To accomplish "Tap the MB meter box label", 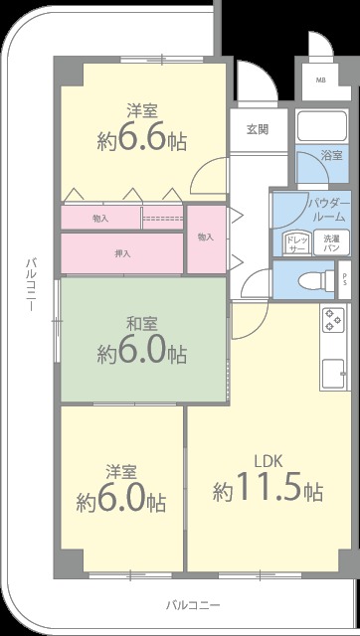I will pyautogui.click(x=320, y=79).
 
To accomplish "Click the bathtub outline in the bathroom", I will pyautogui.click(x=319, y=126).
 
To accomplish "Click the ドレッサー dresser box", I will pyautogui.click(x=295, y=243).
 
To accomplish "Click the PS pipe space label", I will pyautogui.click(x=344, y=278).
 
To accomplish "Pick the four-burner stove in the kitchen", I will pyautogui.click(x=331, y=321).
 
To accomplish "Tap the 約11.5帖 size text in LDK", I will pyautogui.click(x=268, y=490).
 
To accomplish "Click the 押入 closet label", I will pyautogui.click(x=122, y=253).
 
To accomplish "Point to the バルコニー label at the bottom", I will pyautogui.click(x=193, y=604).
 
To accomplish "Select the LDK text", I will pyautogui.click(x=269, y=460).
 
